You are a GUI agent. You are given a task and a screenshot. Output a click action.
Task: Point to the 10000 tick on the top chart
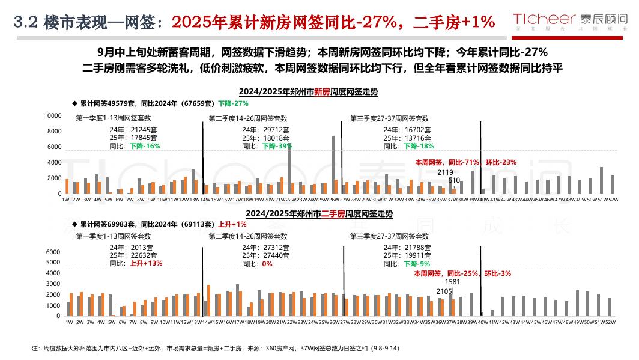coord(53,115)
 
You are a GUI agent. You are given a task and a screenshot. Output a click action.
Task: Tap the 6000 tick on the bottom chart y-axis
coord(53,252)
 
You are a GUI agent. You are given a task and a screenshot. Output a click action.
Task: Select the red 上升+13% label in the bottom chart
coord(145,263)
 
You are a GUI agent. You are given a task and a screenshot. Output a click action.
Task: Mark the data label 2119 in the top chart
coord(445,172)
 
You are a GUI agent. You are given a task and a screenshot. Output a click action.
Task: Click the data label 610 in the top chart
coord(454,180)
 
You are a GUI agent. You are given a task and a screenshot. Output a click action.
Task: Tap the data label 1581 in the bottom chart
coord(452,282)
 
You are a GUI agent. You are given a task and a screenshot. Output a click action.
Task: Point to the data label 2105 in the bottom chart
coord(444,291)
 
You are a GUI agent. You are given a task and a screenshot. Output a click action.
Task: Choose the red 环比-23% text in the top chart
coord(501,162)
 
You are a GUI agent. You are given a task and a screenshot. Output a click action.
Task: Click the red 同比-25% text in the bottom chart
coord(462,273)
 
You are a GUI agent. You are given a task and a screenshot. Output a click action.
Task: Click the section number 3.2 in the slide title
coord(26,22)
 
